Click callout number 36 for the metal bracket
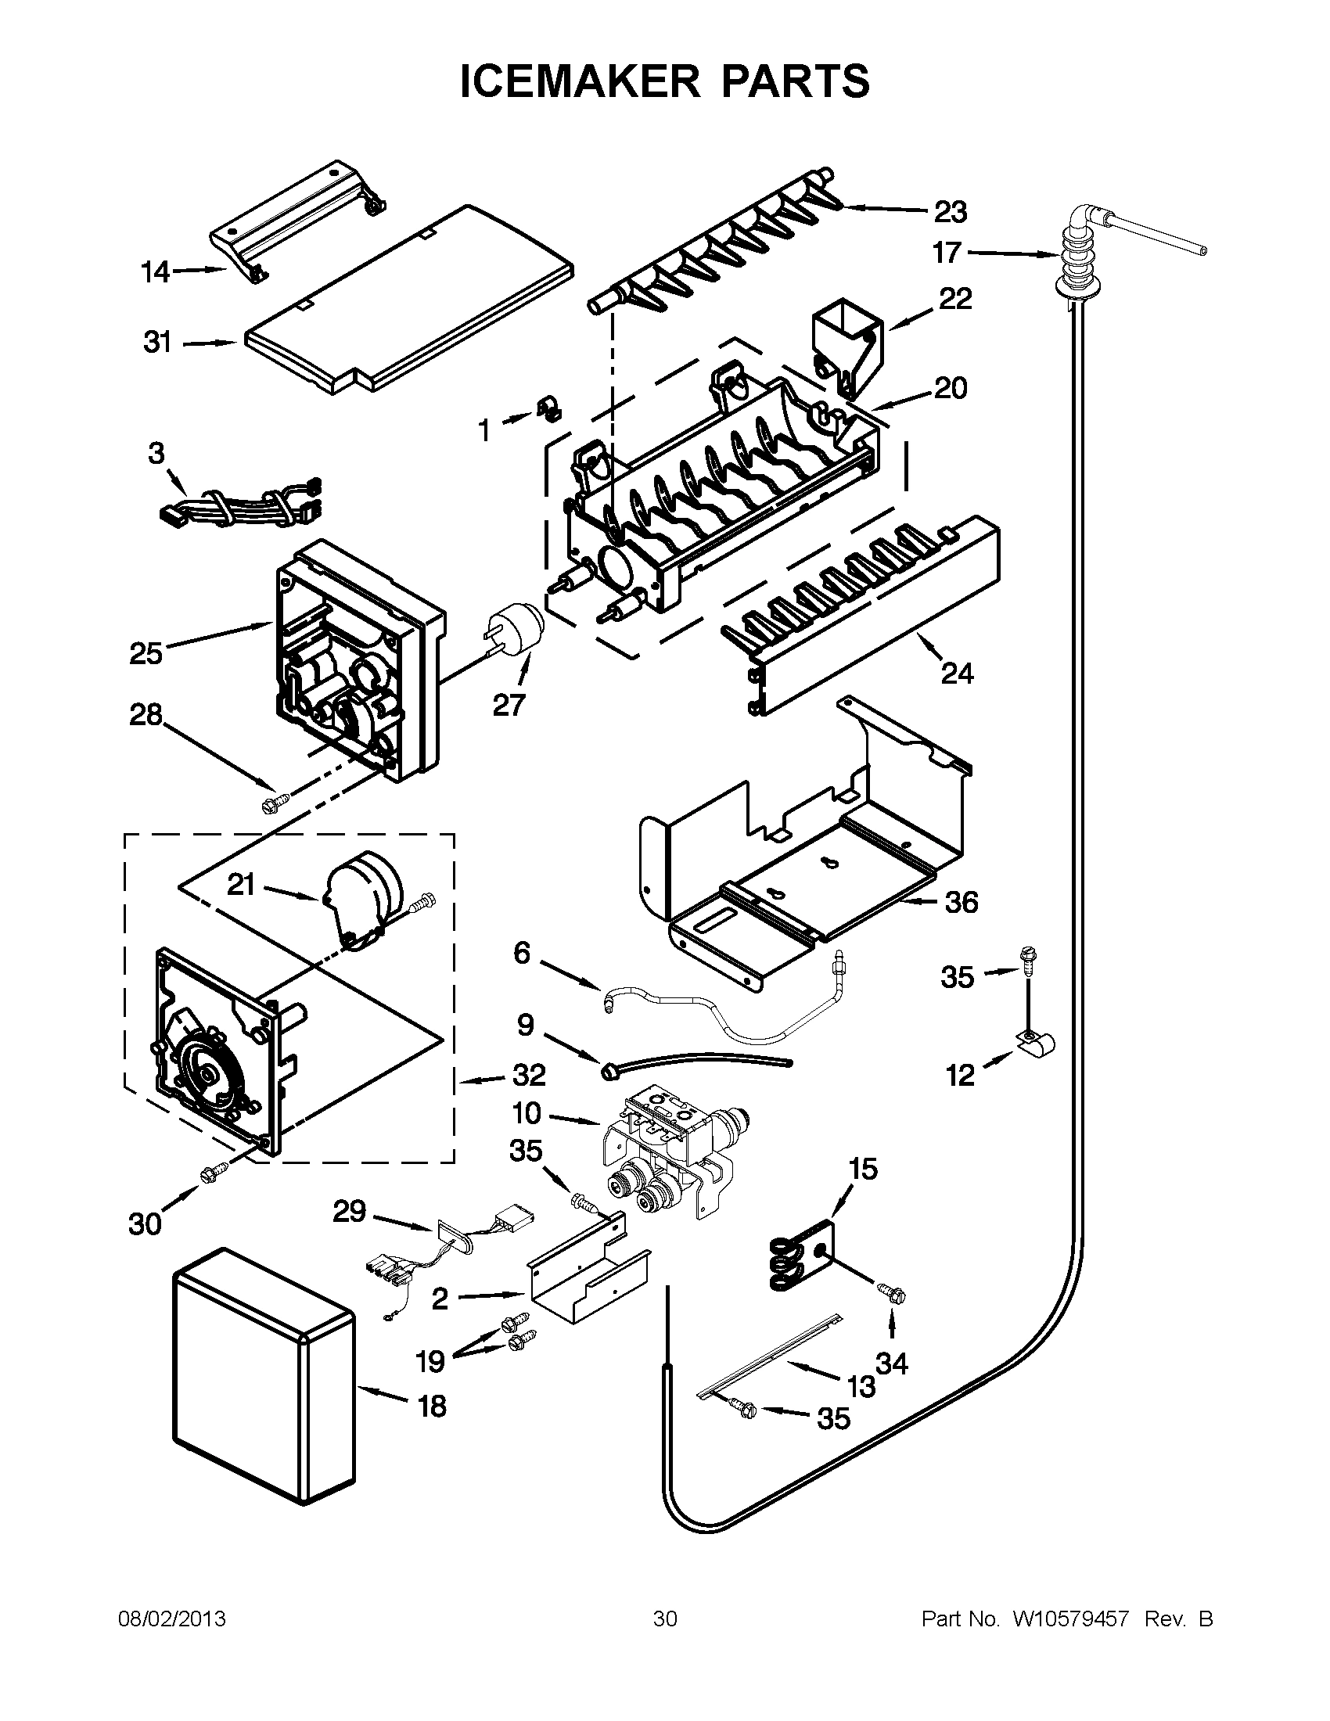pyautogui.click(x=961, y=901)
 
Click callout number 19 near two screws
pyautogui.click(x=430, y=1360)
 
